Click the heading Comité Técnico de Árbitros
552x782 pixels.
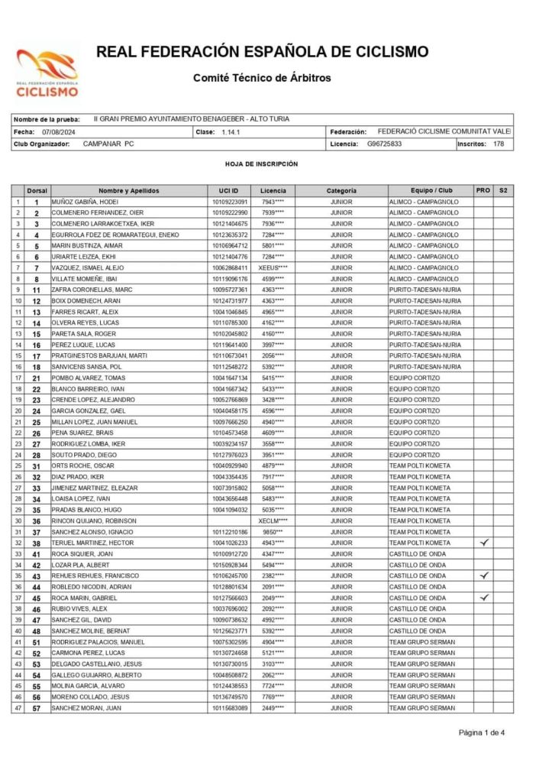click(x=262, y=77)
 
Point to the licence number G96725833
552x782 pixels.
click(x=385, y=144)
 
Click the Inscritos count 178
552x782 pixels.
click(x=499, y=144)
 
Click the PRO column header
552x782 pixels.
click(x=483, y=190)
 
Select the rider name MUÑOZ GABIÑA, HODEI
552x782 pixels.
click(x=83, y=201)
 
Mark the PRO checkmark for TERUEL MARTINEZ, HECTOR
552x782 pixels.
click(x=483, y=542)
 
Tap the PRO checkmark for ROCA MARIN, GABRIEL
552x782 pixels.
click(x=483, y=598)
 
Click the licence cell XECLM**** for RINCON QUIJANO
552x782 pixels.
click(x=273, y=520)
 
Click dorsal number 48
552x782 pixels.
click(x=36, y=631)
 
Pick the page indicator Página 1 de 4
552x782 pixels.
click(x=482, y=732)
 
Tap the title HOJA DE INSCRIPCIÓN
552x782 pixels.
click(x=261, y=164)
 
